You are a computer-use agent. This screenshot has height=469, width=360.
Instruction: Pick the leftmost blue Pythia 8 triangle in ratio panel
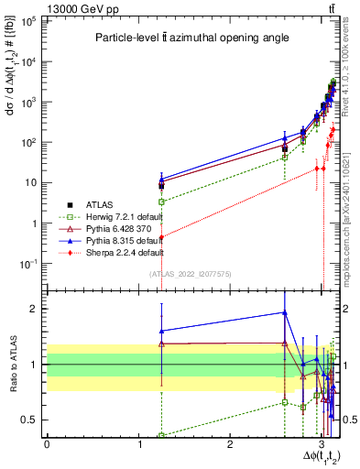[x=161, y=331]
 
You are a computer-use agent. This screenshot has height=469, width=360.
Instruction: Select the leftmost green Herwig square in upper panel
[x=161, y=201]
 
